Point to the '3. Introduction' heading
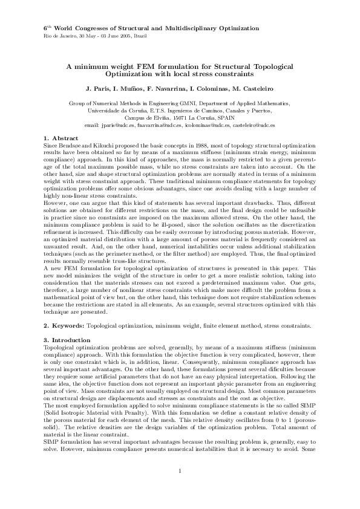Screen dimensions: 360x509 pos(67,340)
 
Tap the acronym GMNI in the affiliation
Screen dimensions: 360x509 pos(203,104)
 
